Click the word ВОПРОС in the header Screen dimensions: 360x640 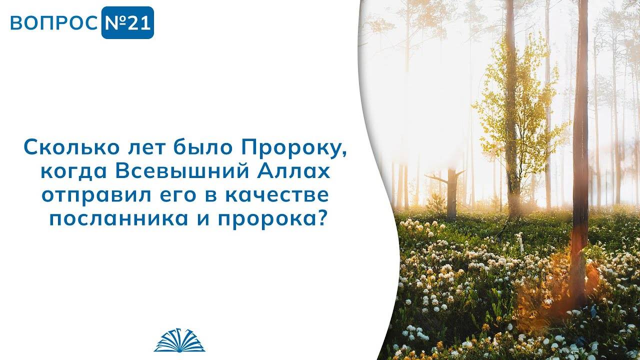(x=54, y=23)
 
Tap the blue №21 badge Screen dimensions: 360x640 (x=127, y=23)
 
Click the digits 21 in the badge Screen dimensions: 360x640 (x=138, y=23)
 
